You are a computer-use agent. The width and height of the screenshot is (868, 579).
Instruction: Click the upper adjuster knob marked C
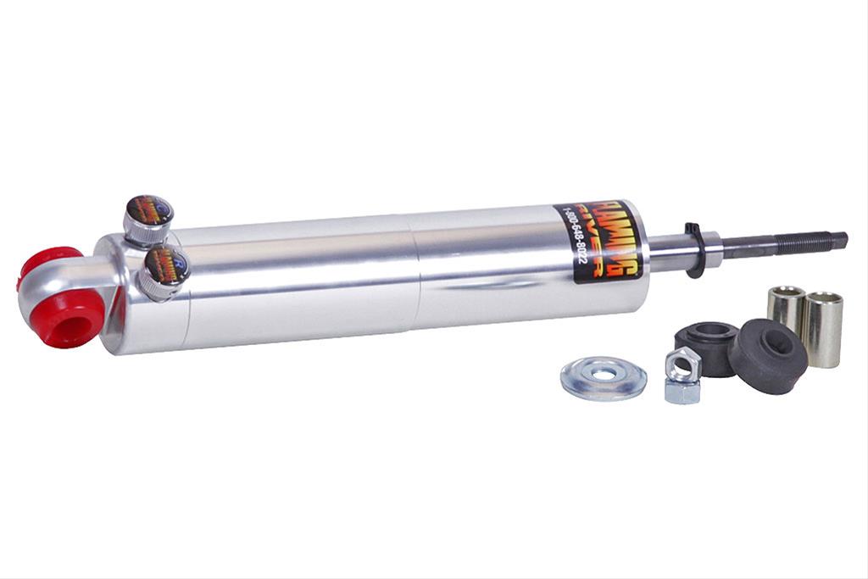148,212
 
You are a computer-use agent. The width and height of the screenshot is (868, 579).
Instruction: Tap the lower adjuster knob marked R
164,265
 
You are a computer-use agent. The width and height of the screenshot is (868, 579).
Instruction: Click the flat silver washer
604,379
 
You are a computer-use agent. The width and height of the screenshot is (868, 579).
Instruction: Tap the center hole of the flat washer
604,374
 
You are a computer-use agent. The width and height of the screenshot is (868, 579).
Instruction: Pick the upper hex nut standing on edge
682,365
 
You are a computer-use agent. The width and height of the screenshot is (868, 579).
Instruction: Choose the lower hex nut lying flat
682,392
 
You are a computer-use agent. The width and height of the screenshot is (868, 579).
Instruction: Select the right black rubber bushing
768,355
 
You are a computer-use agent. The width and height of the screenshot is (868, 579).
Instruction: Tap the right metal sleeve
823,328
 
